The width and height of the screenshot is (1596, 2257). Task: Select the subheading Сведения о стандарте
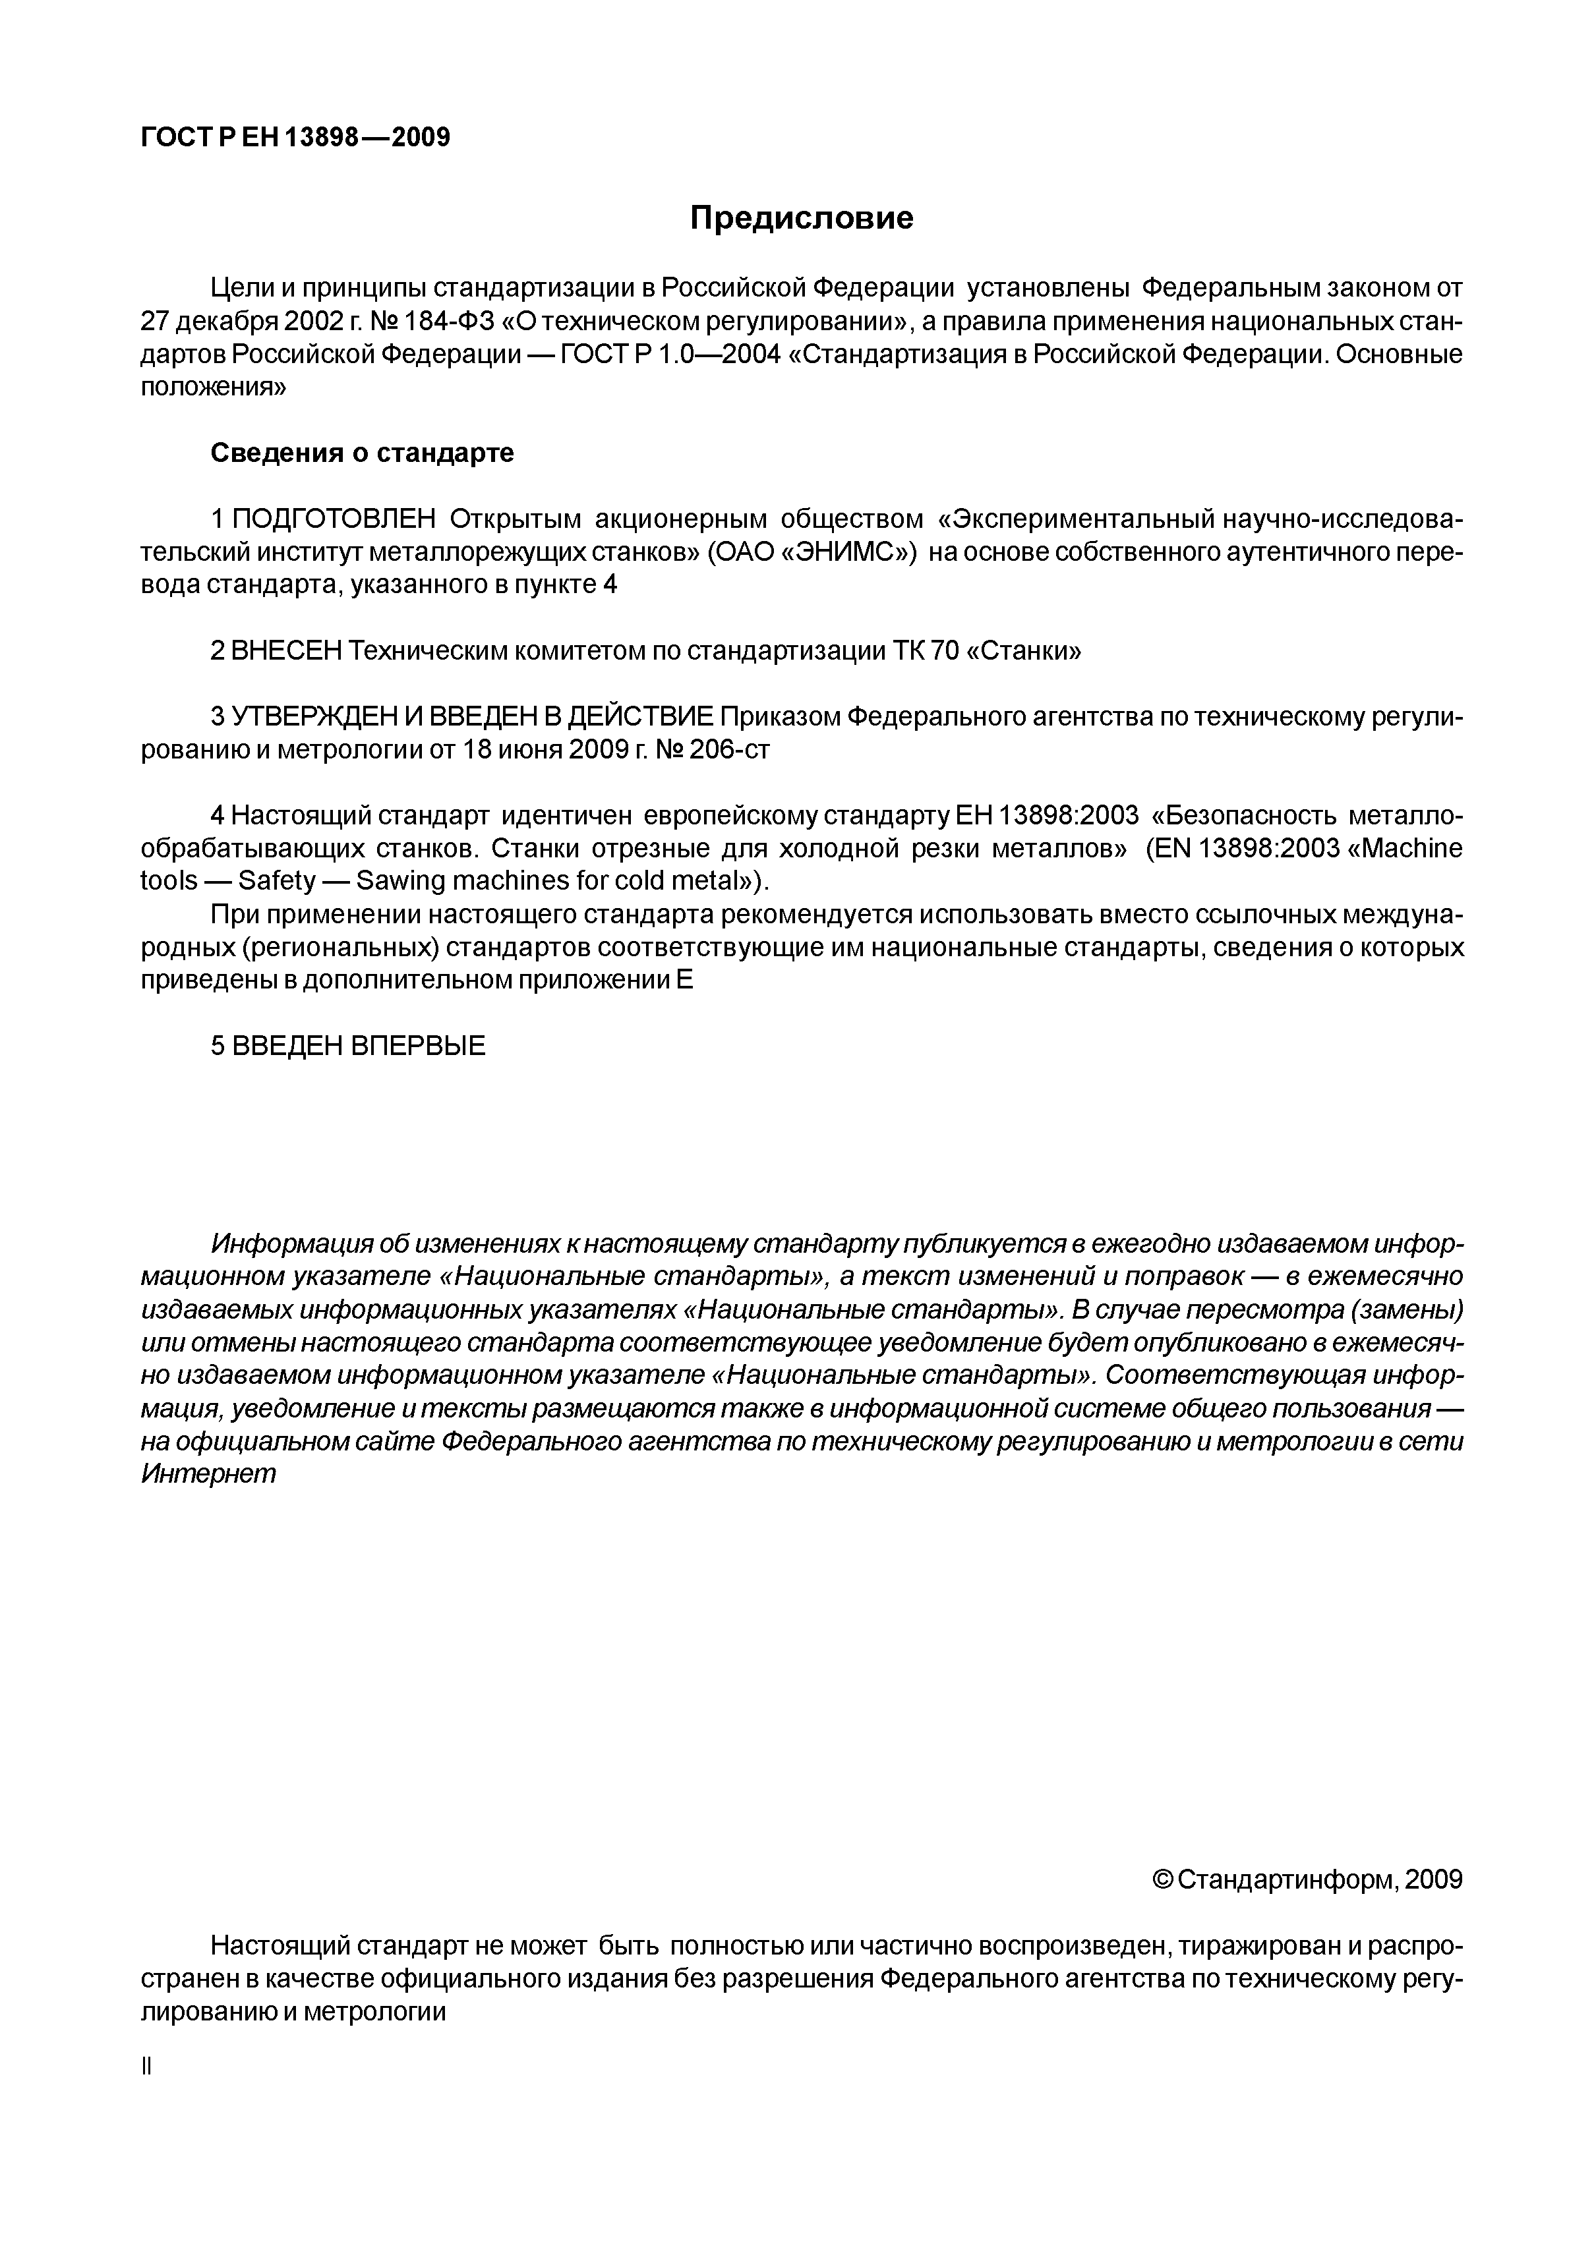coord(362,453)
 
